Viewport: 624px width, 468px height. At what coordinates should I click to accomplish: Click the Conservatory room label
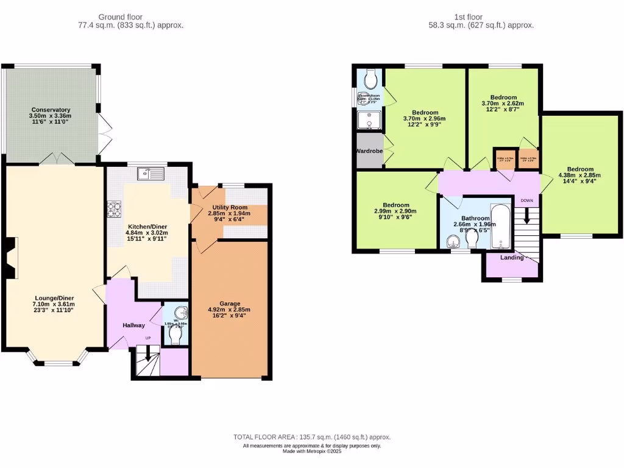[51, 110]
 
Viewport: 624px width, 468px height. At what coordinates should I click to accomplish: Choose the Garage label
[229, 303]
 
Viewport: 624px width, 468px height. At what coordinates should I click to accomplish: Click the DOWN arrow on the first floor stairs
[526, 215]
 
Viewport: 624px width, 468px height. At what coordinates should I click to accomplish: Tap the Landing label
[512, 258]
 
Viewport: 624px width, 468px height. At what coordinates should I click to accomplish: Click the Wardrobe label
[369, 151]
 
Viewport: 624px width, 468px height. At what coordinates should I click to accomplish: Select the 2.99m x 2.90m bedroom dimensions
[396, 211]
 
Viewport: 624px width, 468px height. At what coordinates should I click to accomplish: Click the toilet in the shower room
[371, 79]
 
